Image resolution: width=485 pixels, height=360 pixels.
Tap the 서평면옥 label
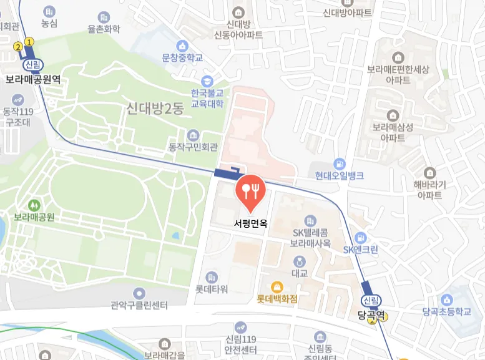coord(250,223)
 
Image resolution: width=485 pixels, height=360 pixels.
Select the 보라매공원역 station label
coord(32,79)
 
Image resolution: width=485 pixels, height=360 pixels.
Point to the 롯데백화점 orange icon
coord(277,287)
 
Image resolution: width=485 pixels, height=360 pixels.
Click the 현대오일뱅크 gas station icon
coord(339,163)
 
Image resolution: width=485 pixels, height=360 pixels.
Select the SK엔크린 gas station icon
coord(360,238)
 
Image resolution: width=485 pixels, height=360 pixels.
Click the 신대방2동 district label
coord(154,109)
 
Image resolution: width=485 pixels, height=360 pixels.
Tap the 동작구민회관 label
coord(193,148)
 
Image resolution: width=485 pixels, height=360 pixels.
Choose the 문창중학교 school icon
coord(182,46)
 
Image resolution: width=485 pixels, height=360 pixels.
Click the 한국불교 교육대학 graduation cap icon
coord(207,81)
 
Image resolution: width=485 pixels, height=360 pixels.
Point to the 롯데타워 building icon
coord(212,277)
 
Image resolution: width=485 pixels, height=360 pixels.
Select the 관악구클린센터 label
coord(139,306)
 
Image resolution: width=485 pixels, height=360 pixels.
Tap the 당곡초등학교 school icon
coord(446,299)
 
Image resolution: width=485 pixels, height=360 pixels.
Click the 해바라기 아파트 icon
coord(429,173)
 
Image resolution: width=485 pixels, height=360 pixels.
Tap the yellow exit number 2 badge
coord(18,47)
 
